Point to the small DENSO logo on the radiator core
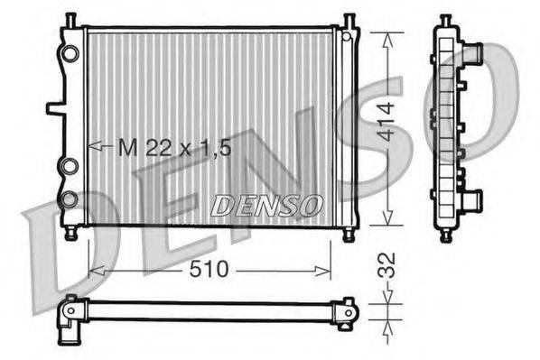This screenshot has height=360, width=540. click(x=266, y=206)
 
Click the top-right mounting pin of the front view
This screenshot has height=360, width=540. click(x=349, y=20)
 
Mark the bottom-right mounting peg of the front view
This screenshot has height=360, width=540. click(x=349, y=235)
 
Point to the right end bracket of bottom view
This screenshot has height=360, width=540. click(x=343, y=311)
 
